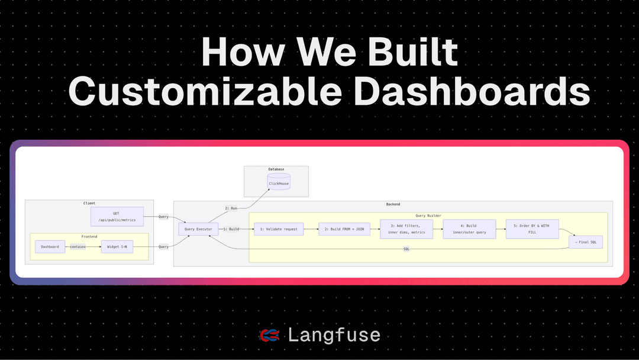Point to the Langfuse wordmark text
click(334, 336)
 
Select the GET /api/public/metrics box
click(117, 217)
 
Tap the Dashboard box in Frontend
click(50, 247)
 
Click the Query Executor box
click(198, 229)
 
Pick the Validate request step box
click(278, 229)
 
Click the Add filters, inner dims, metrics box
click(406, 229)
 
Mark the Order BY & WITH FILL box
click(532, 229)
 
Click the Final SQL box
click(585, 241)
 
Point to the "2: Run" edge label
click(231, 208)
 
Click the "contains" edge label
click(78, 247)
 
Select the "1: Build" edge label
click(231, 229)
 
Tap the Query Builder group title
click(428, 216)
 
